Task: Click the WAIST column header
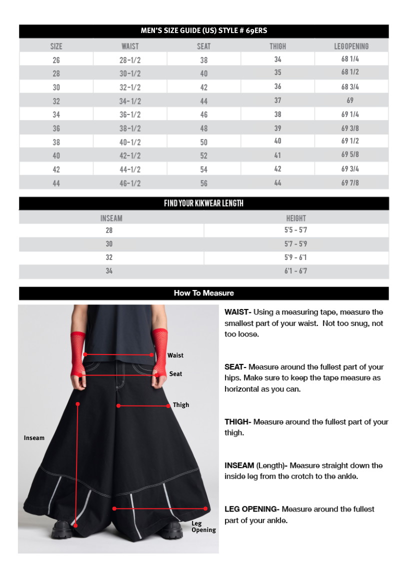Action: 130,46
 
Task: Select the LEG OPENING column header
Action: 351,46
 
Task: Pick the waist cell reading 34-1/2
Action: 130,101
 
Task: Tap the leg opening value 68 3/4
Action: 350,87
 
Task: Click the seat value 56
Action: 203,183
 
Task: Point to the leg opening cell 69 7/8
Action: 350,183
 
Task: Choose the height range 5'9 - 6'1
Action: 296,257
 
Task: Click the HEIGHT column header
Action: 296,218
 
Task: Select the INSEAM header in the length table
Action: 111,218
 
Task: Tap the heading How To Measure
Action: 203,293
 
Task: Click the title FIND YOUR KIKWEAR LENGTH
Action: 203,203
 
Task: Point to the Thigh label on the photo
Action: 181,405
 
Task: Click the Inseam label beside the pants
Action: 34,438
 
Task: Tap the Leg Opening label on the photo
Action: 203,526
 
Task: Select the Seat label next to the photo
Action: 175,374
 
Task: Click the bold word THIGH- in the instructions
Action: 237,422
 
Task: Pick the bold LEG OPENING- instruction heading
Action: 251,509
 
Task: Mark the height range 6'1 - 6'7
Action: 296,271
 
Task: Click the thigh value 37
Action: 277,100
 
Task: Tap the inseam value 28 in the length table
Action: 109,230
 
